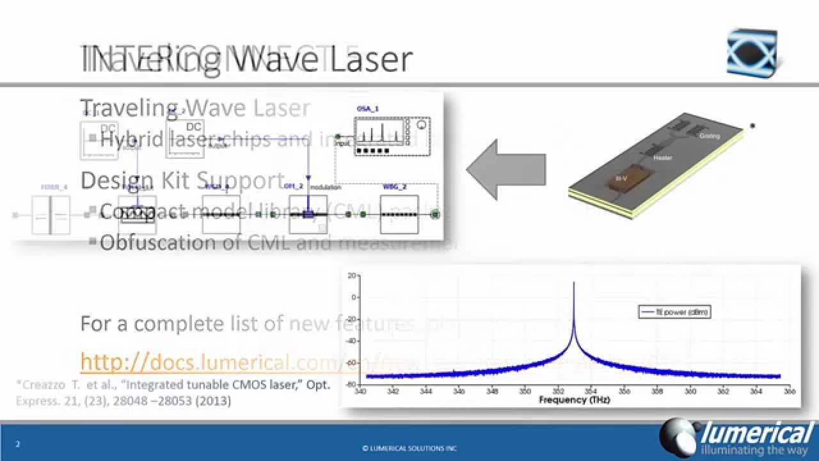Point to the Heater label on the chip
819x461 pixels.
662,157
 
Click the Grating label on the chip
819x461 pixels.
709,136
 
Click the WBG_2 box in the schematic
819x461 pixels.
399,214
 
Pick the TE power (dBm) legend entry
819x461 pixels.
674,312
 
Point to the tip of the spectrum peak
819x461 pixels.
573,282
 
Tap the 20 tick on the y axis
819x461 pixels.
351,276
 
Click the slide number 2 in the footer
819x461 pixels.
17,444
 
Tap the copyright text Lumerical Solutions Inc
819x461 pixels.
409,448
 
